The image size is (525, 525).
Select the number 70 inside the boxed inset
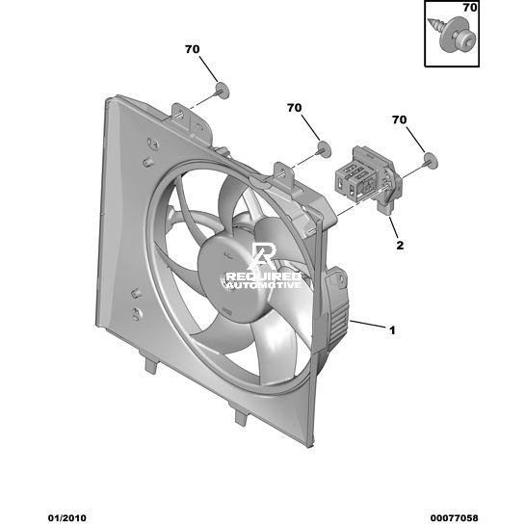point(470,8)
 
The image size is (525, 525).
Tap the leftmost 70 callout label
point(193,49)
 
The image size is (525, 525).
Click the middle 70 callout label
point(295,108)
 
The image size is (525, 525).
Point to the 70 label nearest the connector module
point(400,119)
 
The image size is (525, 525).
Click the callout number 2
point(400,246)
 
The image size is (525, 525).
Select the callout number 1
point(392,330)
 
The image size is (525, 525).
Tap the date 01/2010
point(67,518)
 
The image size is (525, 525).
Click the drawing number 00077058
point(455,518)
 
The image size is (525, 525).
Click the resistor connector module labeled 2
point(368,180)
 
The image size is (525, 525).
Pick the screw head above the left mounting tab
point(222,91)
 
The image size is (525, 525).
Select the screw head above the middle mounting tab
point(324,149)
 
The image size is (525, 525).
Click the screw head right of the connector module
point(431,161)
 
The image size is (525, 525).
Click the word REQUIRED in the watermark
point(264,276)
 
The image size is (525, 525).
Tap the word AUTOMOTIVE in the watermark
point(264,285)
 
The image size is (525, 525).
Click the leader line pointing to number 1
point(368,324)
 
